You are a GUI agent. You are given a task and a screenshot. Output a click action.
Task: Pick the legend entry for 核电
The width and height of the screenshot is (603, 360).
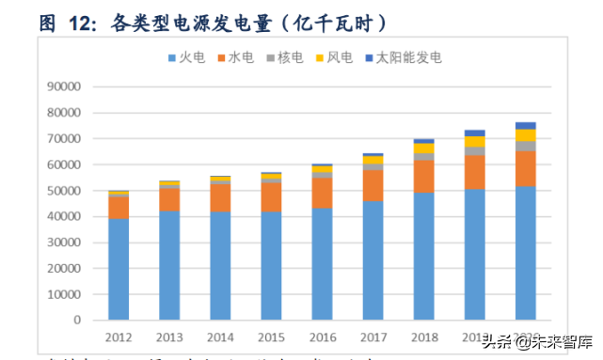285,57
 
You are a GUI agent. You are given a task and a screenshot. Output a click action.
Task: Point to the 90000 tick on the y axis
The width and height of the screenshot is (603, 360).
65,86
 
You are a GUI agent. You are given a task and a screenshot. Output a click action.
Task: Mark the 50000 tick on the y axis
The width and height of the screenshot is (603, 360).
65,191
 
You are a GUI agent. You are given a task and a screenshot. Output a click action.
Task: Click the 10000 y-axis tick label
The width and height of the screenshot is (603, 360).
65,294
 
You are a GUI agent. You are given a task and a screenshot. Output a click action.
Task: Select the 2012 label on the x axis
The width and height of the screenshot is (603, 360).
119,337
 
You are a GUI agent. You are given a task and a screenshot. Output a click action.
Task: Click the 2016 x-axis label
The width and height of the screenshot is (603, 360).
323,337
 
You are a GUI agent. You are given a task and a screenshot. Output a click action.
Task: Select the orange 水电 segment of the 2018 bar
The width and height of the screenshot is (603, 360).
424,176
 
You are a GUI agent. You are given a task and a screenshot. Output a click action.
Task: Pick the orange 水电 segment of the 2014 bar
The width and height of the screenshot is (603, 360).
221,197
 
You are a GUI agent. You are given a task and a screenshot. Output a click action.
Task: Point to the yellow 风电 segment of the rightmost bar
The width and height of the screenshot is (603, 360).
526,135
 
